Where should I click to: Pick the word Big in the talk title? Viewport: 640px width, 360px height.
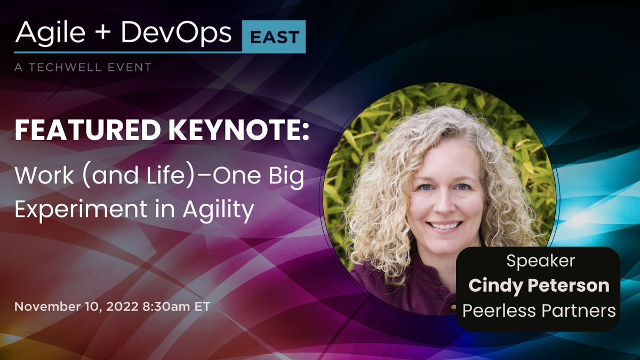[x=285, y=177]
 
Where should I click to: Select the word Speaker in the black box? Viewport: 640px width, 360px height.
[x=538, y=262]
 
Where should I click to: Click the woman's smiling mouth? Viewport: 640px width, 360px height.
[x=445, y=225]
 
